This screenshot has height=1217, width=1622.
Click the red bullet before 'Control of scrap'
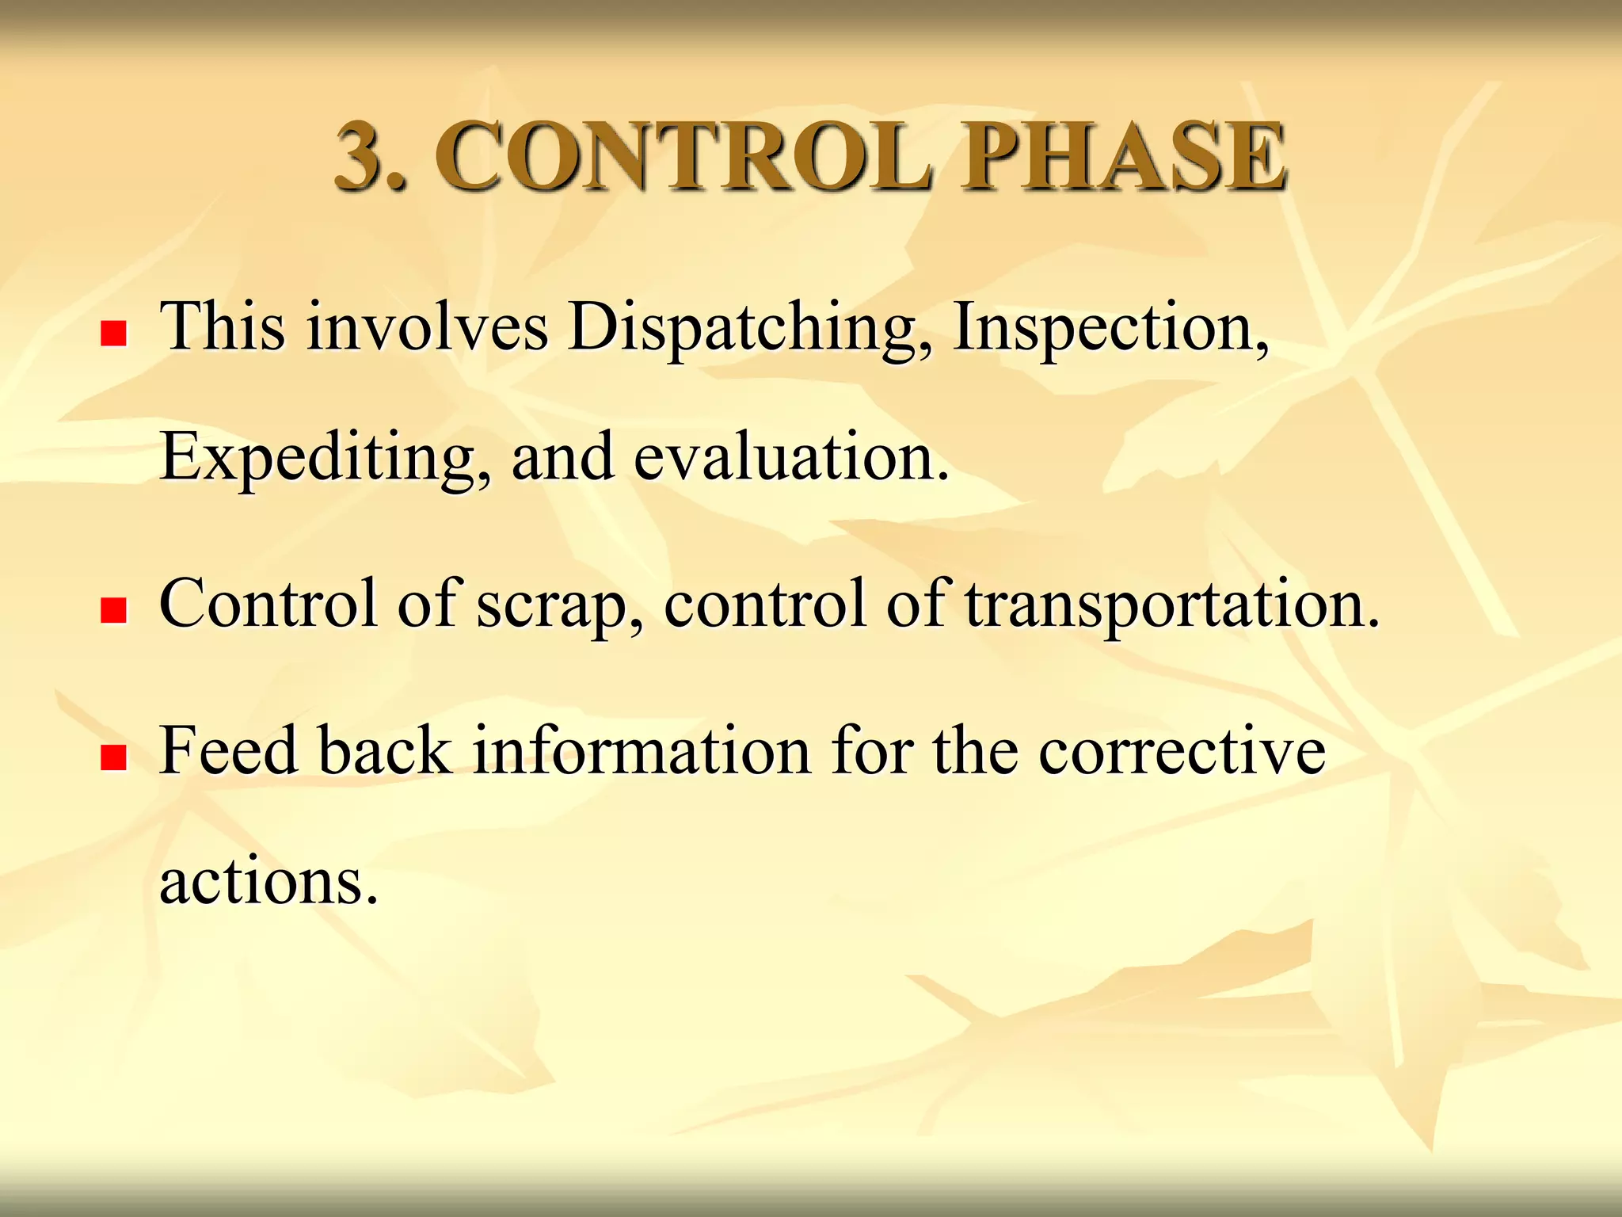pyautogui.click(x=114, y=611)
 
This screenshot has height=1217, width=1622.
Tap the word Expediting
pyautogui.click(x=326, y=458)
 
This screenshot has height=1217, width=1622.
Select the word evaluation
pyautogui.click(x=791, y=458)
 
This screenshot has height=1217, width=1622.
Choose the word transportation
pyautogui.click(x=1172, y=605)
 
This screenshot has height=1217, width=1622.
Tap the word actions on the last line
pyautogui.click(x=268, y=881)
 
